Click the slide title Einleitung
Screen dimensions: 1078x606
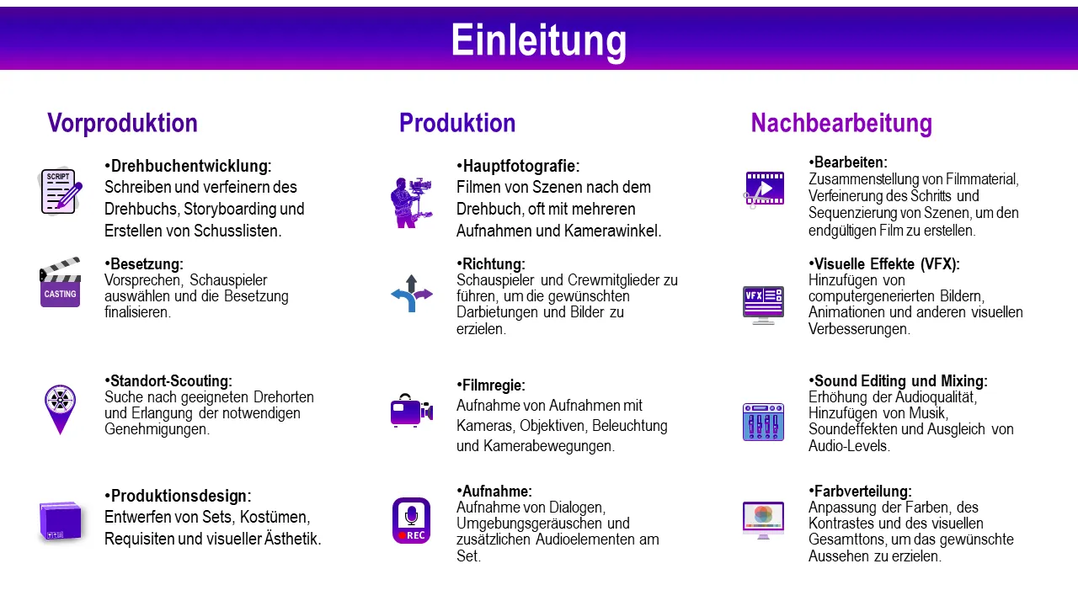[538, 40]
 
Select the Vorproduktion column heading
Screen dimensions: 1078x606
[122, 123]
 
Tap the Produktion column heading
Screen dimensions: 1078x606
[457, 123]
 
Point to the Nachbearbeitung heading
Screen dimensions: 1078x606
[841, 123]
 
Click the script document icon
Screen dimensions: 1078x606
[60, 191]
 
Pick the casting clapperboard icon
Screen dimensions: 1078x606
[60, 282]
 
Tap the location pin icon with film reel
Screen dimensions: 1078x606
[60, 409]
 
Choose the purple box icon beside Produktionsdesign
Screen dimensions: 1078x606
[60, 521]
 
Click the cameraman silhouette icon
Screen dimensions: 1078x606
[411, 203]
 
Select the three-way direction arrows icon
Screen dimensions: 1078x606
[412, 294]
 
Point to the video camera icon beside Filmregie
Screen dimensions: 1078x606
[412, 410]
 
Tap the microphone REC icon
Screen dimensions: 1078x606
[412, 520]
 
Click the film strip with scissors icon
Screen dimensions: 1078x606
[763, 189]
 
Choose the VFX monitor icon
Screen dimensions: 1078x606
[763, 306]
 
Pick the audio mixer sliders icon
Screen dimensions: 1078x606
[763, 422]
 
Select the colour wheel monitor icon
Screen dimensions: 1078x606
[763, 520]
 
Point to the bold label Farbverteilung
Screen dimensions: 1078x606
[861, 492]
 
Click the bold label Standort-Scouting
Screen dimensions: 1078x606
[168, 381]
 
